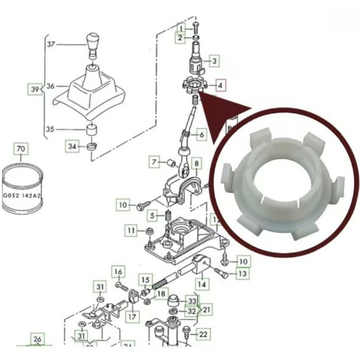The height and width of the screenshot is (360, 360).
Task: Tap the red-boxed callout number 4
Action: [220, 85]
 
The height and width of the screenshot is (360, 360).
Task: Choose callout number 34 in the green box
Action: [72, 146]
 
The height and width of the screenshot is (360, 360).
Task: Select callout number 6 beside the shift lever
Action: [201, 134]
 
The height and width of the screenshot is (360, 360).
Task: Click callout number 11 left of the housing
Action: [131, 231]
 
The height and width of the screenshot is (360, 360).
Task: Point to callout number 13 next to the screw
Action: [242, 274]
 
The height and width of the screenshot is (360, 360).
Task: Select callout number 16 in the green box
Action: [118, 272]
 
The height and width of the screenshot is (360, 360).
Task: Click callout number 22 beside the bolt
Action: [203, 334]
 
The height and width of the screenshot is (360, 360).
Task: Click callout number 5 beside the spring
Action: [153, 216]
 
